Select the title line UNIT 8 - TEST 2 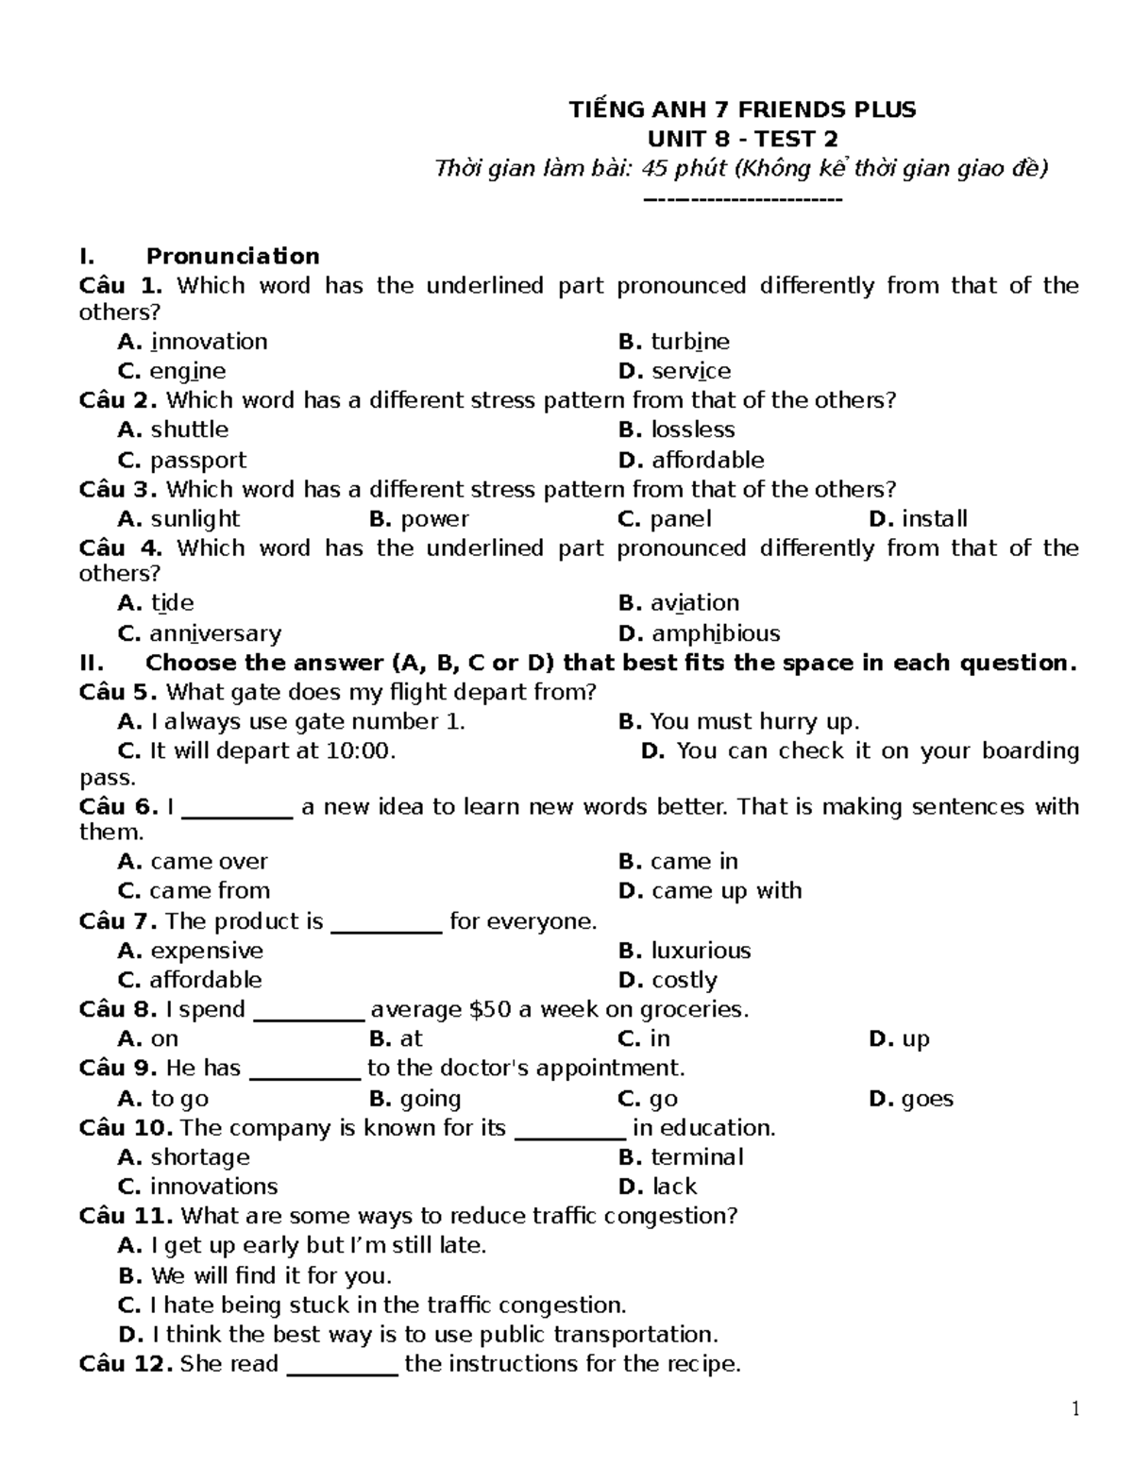pos(742,139)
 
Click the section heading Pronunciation pos(232,256)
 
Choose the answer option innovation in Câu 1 pos(209,342)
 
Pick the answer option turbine pos(690,342)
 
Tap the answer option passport pos(197,460)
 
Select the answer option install pos(934,518)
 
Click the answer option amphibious pos(716,633)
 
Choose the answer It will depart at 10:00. pos(272,750)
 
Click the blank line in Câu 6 pos(237,809)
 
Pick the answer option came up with pos(726,890)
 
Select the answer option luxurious pos(701,951)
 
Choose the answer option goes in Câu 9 pos(927,1099)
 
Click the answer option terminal pos(697,1157)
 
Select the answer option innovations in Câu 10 pos(213,1187)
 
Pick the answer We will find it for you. pos(270,1276)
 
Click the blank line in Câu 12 pos(342,1366)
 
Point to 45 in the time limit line pos(654,169)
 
